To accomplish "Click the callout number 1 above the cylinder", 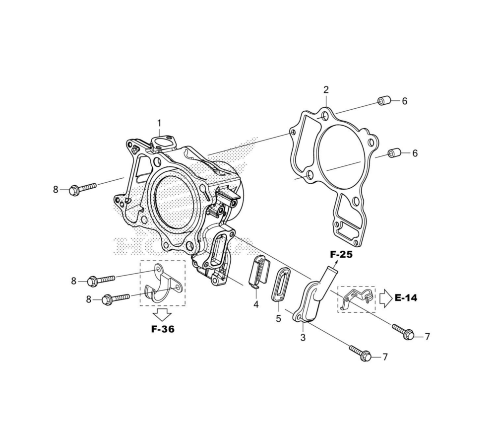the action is [159, 123].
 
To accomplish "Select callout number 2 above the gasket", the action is [326, 89].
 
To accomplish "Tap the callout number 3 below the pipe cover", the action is [303, 338].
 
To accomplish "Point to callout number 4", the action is [256, 304].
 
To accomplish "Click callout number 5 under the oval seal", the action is [278, 319].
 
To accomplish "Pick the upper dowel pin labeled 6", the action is [384, 101].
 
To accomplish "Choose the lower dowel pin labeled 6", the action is [394, 153].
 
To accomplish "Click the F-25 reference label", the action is [341, 254].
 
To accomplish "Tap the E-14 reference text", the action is [406, 297].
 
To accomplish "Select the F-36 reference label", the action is [163, 329].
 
